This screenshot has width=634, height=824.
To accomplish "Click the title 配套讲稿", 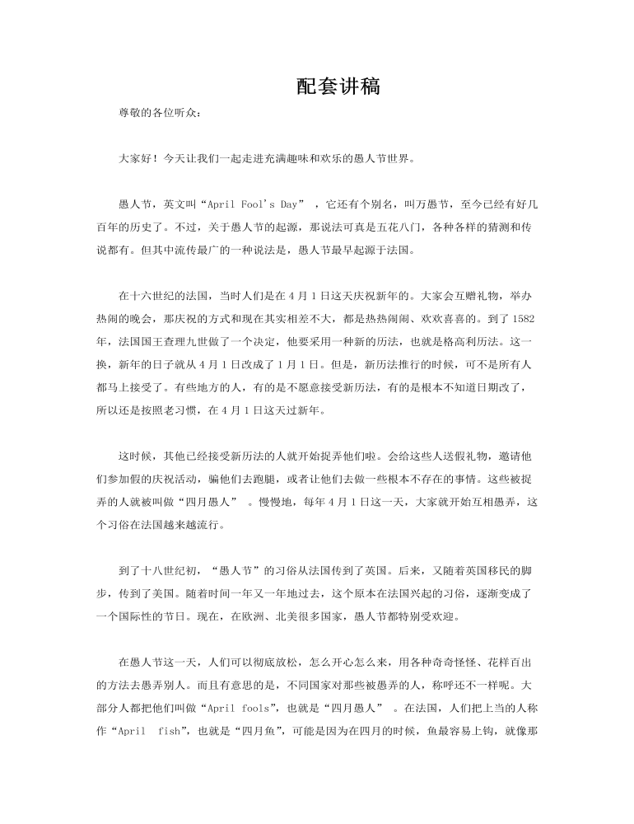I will click(338, 86).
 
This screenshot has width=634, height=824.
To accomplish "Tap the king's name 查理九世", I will click(193, 339).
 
